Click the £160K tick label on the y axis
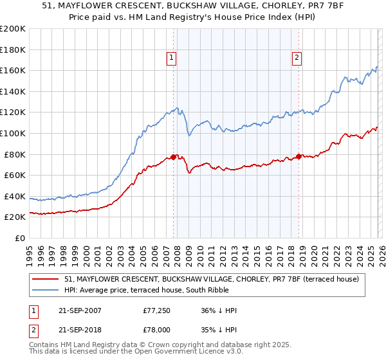tap(13, 70)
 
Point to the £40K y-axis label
tap(15, 196)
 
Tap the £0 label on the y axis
tap(20, 239)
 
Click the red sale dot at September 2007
tap(173, 157)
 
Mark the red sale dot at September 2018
tap(299, 156)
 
